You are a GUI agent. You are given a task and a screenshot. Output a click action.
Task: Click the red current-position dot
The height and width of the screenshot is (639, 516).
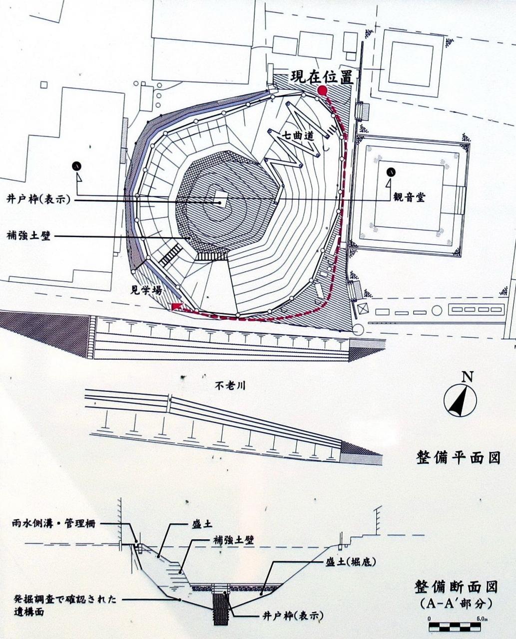(x=323, y=90)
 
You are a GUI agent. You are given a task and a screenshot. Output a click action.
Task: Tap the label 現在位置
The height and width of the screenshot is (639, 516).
(x=322, y=77)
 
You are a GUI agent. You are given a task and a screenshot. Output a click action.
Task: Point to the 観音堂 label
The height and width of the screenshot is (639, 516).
(x=410, y=197)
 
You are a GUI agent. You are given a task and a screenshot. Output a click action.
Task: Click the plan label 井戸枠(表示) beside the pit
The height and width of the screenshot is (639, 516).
(x=38, y=199)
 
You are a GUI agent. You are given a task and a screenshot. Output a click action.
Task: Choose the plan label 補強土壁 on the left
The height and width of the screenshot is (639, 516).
(x=28, y=236)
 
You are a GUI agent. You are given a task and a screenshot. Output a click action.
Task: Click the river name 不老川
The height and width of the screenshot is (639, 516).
(x=230, y=385)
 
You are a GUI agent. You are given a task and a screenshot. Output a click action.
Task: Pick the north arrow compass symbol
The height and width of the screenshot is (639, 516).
(x=460, y=400)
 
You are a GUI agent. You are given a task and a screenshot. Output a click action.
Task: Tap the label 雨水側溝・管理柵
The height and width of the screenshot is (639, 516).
(x=54, y=524)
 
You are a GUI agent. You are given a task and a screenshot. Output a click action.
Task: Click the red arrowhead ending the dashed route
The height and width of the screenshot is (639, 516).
(x=176, y=306)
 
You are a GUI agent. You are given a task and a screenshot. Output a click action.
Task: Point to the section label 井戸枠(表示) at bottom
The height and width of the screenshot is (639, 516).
(x=291, y=616)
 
